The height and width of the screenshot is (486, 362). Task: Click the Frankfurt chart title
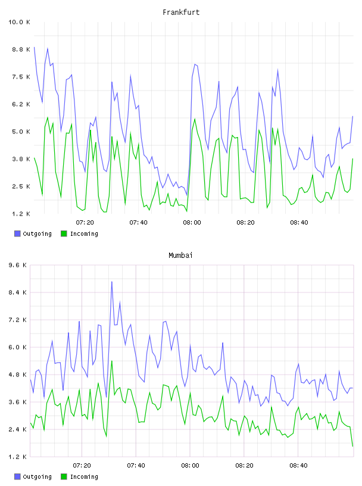181,13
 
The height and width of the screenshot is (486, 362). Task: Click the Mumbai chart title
180,256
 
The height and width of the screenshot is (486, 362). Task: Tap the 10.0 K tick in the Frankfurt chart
19,22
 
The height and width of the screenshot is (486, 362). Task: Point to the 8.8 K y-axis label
21,49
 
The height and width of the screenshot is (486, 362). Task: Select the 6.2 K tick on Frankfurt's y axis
21,104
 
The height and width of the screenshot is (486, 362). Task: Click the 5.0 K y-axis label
21,132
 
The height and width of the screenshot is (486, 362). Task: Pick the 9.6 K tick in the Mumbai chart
18,265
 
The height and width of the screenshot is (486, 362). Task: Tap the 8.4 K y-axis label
18,292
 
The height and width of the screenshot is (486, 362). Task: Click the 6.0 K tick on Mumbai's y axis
18,347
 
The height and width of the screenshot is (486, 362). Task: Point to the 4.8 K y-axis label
18,375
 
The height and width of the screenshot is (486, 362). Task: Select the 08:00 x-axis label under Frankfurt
192,223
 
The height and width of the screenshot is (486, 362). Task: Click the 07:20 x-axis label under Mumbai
82,466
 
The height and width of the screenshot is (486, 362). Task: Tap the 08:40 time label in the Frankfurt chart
299,223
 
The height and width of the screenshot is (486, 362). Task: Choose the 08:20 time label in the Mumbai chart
244,466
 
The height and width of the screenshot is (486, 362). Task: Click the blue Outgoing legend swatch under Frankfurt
17,233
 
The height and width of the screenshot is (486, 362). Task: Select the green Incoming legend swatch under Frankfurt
64,233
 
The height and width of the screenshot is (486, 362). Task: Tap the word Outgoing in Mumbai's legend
37,476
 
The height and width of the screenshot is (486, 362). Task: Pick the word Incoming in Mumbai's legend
84,476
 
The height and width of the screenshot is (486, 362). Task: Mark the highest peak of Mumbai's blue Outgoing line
111,282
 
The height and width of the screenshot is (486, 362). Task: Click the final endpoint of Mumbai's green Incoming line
352,446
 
